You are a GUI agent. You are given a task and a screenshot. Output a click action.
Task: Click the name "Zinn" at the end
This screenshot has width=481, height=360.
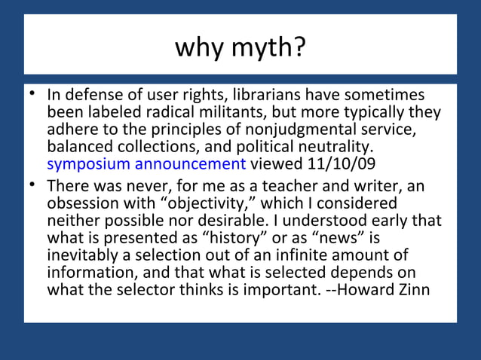tap(414, 288)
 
